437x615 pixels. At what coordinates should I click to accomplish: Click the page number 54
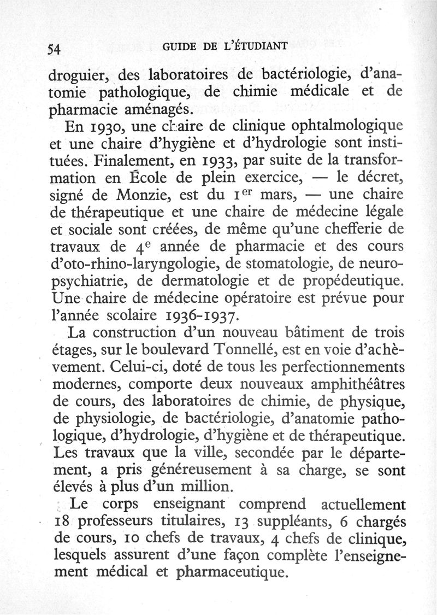(x=52, y=49)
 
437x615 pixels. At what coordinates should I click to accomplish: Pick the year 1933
(x=218, y=162)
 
